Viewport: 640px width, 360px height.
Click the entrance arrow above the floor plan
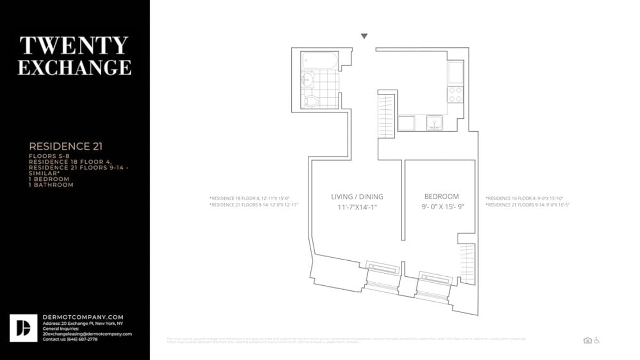click(x=364, y=36)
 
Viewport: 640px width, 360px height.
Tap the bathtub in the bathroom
click(x=319, y=60)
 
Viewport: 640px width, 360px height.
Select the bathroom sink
click(x=307, y=81)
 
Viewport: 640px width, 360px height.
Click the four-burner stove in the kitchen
click(x=455, y=95)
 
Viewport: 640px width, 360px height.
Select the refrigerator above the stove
click(x=455, y=73)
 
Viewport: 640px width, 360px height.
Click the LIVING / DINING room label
click(x=357, y=197)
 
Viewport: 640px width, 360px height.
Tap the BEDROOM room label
click(x=441, y=197)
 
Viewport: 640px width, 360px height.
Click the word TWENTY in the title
click(x=74, y=46)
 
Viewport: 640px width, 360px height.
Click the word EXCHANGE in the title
click(x=74, y=68)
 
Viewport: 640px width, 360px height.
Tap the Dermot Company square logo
click(x=23, y=328)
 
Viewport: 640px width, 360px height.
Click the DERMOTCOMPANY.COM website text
click(x=83, y=317)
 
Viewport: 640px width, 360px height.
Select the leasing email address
click(x=87, y=334)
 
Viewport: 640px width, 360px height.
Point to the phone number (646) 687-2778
click(x=80, y=339)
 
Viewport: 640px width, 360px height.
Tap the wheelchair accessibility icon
click(x=596, y=340)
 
